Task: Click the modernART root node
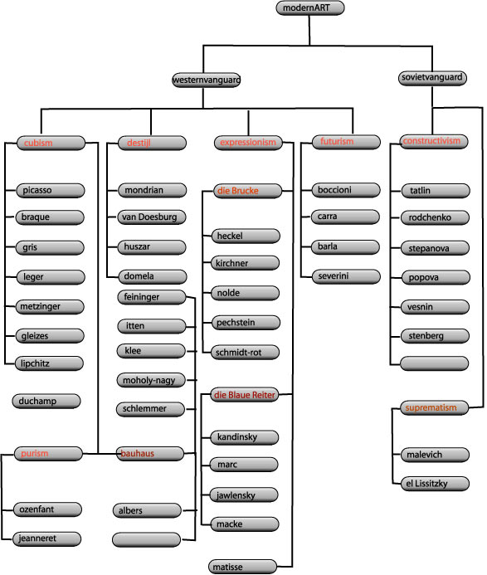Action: coord(310,8)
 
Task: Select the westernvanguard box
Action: coord(207,80)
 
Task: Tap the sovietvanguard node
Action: coord(432,78)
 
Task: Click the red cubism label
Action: coord(38,143)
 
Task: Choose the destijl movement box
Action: coord(152,143)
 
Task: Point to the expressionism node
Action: coord(248,143)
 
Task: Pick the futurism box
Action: coord(346,142)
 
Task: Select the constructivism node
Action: coord(434,141)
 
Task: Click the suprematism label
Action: coord(431,407)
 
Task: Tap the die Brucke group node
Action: coord(247,191)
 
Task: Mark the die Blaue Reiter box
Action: coord(244,395)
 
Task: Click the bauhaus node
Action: coord(150,454)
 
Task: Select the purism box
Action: coord(48,454)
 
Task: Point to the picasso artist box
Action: coord(51,190)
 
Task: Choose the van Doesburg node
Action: coord(152,217)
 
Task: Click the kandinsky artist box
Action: coord(244,437)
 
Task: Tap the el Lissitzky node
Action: coord(435,484)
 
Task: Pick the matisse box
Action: coord(242,567)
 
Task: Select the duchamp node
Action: coord(46,402)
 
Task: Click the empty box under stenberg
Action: coord(435,363)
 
